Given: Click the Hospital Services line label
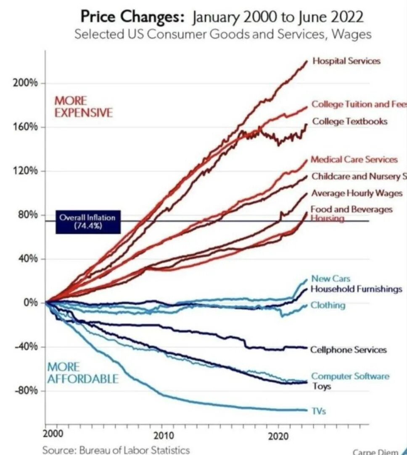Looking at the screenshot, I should point(346,61).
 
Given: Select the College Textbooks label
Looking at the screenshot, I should point(349,121).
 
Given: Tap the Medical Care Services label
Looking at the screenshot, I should point(354,160).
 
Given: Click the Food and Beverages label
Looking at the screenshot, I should point(351,209).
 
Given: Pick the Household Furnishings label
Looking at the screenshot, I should point(356,289).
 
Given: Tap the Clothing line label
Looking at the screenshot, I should point(328,305).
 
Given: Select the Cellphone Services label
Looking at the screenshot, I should point(348,350).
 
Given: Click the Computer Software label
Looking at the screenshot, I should point(350,376).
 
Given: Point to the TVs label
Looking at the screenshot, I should point(319,411).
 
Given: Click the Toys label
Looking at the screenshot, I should point(322,386).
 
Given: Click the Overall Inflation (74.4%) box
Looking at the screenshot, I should point(87,221).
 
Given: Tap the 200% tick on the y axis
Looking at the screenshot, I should point(27,83).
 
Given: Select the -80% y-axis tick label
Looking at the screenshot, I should point(27,391).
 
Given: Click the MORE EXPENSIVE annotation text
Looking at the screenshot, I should point(84,107).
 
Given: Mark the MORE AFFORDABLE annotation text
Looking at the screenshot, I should point(82,373).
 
